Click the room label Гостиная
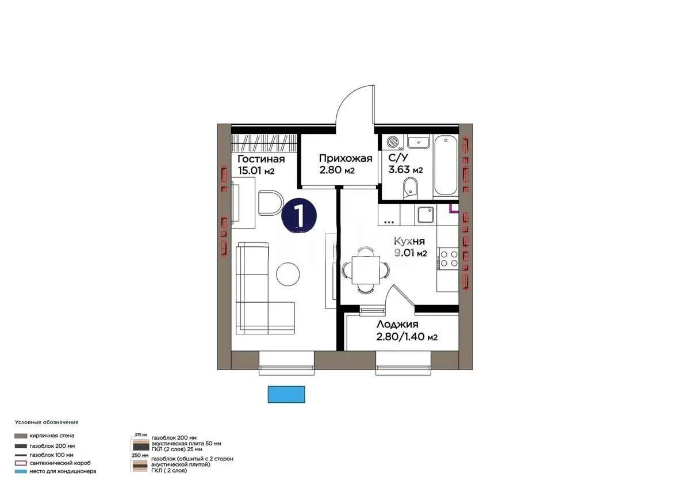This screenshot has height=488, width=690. (261, 159)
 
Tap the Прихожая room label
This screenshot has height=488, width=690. (346, 158)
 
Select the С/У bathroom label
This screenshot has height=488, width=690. (396, 158)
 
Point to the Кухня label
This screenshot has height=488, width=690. (409, 242)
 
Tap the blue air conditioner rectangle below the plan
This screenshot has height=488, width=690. (286, 394)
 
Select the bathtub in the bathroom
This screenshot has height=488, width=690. (446, 165)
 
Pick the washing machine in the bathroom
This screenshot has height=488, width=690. (394, 142)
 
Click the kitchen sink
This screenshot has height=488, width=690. (426, 215)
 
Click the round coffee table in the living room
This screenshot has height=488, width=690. (287, 274)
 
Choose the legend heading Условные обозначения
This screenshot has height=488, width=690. (47, 422)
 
